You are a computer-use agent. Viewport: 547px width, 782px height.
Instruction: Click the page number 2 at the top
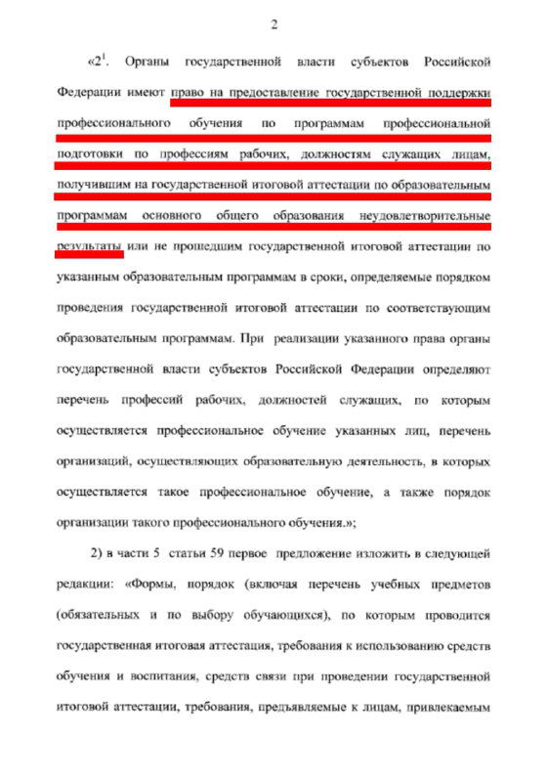[x=274, y=24]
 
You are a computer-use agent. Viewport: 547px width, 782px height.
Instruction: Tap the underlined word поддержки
[x=459, y=95]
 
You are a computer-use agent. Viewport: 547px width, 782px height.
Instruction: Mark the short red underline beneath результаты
[x=89, y=256]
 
